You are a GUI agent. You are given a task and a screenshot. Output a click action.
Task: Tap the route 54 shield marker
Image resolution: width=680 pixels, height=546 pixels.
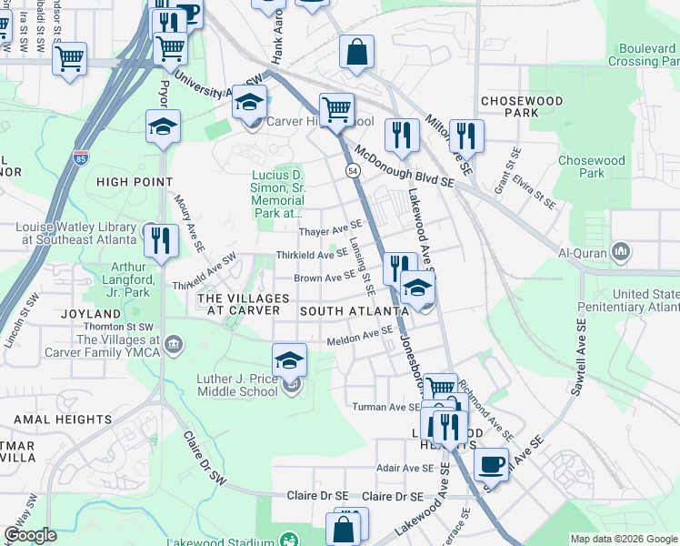point(351,170)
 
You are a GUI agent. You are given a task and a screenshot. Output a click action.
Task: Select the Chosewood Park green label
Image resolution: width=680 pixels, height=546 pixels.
point(592,167)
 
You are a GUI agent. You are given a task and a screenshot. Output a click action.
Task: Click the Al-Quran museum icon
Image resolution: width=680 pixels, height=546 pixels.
point(622,249)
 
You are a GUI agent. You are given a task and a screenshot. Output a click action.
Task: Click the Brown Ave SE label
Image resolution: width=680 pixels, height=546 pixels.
point(325,277)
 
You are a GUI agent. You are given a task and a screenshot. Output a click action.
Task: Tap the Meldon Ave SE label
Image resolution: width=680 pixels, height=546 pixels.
point(358,338)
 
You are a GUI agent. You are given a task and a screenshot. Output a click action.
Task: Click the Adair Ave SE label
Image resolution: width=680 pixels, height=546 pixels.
point(405,468)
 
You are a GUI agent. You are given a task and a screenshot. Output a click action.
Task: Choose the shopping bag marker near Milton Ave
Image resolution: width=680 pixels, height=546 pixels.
point(357,53)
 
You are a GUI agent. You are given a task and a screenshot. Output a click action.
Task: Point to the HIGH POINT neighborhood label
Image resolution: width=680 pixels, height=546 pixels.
point(135,182)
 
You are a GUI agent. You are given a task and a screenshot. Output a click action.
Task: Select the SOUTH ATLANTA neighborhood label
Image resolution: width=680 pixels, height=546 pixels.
point(348,311)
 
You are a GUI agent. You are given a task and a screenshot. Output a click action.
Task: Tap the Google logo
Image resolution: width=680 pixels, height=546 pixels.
point(31,535)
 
